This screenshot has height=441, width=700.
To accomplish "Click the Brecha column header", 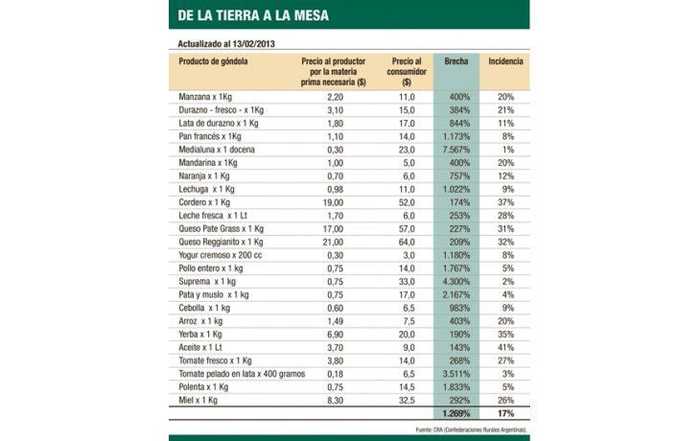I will point(456,61).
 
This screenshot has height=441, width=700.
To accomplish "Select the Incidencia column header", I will point(505,61).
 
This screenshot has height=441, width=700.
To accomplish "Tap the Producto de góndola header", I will point(213,61).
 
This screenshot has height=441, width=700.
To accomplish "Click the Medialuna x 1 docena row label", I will point(219,150).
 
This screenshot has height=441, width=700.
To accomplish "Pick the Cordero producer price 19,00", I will point(333,203).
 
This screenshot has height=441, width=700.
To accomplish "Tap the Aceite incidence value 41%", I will point(505,347).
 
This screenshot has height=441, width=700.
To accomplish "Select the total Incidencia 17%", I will point(504,413).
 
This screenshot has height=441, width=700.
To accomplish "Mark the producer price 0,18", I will point(335,374).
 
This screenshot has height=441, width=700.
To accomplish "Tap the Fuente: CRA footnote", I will point(473,429).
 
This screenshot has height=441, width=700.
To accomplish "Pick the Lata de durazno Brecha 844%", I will point(455,124).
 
